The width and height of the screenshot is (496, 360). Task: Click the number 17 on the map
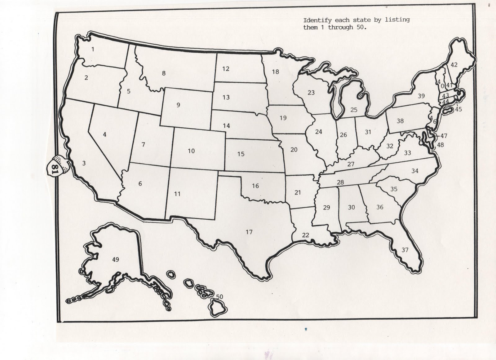pyautogui.click(x=249, y=232)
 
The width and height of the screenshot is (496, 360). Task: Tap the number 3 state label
pyautogui.click(x=84, y=163)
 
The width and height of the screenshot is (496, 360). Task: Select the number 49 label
pyautogui.click(x=115, y=259)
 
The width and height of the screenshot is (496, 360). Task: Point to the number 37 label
pyautogui.click(x=405, y=250)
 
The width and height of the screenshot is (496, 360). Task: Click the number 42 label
pyautogui.click(x=454, y=65)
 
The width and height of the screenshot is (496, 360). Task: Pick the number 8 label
pyautogui.click(x=164, y=73)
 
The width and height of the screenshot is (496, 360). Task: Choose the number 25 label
pyautogui.click(x=354, y=110)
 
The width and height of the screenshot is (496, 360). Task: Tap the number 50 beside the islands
pyautogui.click(x=219, y=297)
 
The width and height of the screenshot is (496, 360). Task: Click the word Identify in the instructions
pyautogui.click(x=313, y=20)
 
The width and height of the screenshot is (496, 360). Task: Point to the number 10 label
pyautogui.click(x=191, y=151)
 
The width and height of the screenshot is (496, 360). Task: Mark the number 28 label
pyautogui.click(x=340, y=182)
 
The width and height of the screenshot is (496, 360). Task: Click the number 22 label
pyautogui.click(x=305, y=235)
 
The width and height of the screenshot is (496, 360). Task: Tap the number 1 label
pyautogui.click(x=93, y=49)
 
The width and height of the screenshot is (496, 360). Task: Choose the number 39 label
pyautogui.click(x=421, y=96)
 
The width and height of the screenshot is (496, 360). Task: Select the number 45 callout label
pyautogui.click(x=458, y=109)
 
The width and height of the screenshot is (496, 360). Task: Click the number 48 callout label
pyautogui.click(x=440, y=145)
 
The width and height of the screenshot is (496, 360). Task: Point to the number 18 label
pyautogui.click(x=275, y=72)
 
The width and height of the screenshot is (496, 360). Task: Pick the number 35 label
pyautogui.click(x=394, y=189)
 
